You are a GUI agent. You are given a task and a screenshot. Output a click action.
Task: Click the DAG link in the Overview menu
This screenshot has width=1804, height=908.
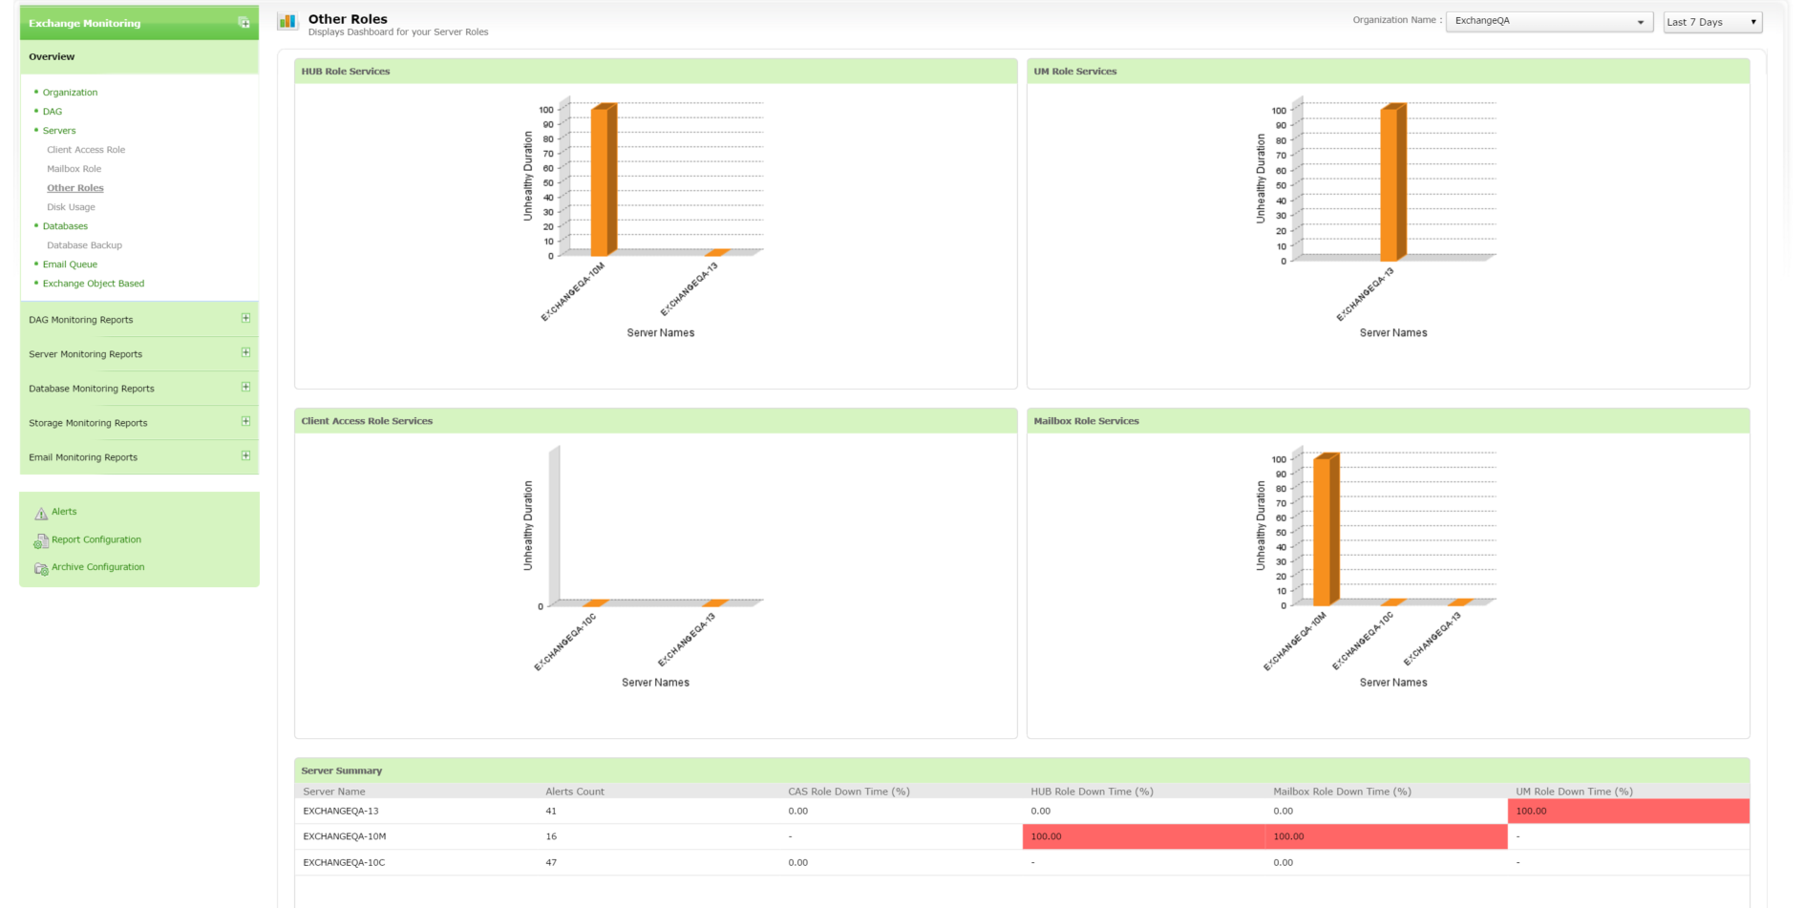tap(53, 112)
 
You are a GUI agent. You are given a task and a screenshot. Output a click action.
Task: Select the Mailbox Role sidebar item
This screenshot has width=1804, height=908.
tap(74, 169)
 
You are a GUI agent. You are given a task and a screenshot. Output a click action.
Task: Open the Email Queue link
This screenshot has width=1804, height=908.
tap(70, 264)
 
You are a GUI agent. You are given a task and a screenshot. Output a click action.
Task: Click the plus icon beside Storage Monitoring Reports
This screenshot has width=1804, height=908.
tap(245, 421)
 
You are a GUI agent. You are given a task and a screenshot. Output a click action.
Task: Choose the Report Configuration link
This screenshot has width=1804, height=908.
tap(96, 539)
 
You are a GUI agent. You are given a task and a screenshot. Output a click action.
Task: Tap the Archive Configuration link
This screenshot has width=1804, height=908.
tap(97, 567)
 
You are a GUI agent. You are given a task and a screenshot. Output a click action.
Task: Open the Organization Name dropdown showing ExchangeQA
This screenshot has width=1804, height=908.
tap(1548, 21)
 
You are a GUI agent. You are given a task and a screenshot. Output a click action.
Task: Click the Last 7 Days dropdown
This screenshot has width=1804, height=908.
tap(1712, 22)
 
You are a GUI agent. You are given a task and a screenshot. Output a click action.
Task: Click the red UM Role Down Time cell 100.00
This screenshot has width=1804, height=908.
tap(1627, 812)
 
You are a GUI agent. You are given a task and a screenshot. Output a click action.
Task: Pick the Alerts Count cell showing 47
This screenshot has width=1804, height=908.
tap(551, 862)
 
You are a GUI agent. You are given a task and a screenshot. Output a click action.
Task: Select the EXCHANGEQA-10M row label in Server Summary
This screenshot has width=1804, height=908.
tap(345, 836)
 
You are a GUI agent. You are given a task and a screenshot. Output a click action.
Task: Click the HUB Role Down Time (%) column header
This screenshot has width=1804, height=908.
tap(1092, 792)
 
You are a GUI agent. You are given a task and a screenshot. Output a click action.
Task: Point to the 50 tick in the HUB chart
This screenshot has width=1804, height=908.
tap(548, 183)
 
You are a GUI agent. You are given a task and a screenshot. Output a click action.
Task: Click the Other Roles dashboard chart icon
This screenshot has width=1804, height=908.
tap(287, 21)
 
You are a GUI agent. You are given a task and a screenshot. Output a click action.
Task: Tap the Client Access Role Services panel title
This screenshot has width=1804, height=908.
tap(367, 421)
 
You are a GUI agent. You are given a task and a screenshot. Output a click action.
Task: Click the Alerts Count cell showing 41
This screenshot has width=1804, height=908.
tap(551, 811)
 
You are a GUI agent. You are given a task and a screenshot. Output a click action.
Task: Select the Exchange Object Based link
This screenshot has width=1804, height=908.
tap(94, 284)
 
